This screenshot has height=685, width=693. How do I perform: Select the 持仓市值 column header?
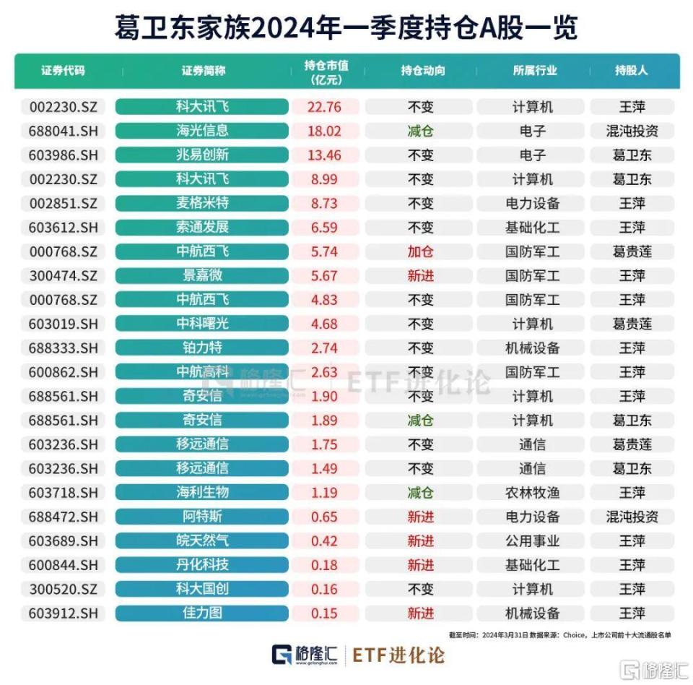pos(326,72)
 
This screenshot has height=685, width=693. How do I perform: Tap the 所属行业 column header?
pos(534,71)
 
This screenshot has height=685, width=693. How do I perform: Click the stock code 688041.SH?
pos(64,131)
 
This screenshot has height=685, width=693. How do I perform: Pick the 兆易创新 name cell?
pos(202,155)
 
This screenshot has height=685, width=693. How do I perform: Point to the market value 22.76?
pos(323,107)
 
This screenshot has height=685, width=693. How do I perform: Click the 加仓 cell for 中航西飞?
pos(421,251)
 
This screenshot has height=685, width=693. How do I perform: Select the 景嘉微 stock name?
pos(202,275)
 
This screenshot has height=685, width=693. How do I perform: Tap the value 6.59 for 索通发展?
pos(323,227)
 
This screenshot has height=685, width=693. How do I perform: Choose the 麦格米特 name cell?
pos(202,203)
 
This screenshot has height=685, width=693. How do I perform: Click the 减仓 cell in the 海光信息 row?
pos(421,131)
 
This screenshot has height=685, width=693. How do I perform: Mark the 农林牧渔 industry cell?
pos(533,492)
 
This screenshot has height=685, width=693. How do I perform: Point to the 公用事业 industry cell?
pos(533,540)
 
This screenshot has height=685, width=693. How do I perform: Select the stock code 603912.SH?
pos(64,613)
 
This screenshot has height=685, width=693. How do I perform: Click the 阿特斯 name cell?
pos(202,517)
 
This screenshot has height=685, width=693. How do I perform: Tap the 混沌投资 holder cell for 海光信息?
pos(632,131)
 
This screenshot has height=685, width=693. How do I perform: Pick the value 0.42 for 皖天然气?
pos(323,540)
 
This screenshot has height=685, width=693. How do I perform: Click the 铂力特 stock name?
pos(202,348)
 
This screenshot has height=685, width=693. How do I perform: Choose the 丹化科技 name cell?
pos(202,564)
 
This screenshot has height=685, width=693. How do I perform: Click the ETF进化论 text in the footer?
pos(398,655)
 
